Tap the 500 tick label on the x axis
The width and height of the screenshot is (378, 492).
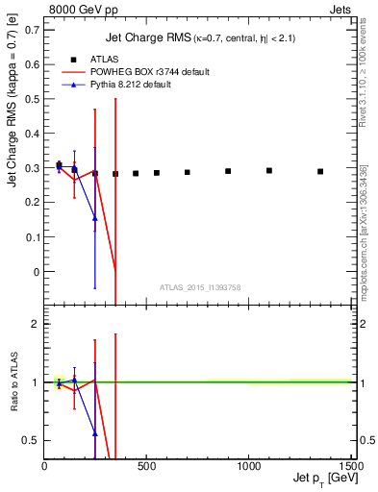coord(147,468)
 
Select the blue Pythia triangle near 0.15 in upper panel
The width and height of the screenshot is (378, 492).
coord(94,218)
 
